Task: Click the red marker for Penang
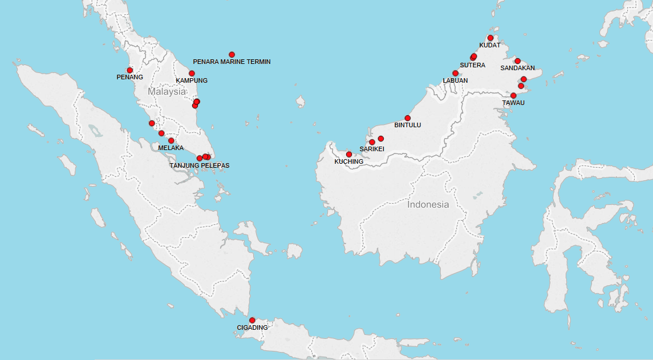pyautogui.click(x=130, y=70)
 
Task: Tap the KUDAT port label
pyautogui.click(x=489, y=45)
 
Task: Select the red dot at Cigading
pyautogui.click(x=252, y=320)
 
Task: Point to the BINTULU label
pyautogui.click(x=408, y=125)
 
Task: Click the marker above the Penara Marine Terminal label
pyautogui.click(x=232, y=54)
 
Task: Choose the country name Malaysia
pyautogui.click(x=167, y=91)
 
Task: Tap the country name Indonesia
pyautogui.click(x=428, y=204)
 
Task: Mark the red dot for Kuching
pyautogui.click(x=349, y=154)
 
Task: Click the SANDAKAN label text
pyautogui.click(x=517, y=68)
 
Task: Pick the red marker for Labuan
pyautogui.click(x=455, y=73)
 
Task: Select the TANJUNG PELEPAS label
pyautogui.click(x=200, y=165)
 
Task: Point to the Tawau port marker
pyautogui.click(x=513, y=95)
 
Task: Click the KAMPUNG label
pyautogui.click(x=192, y=80)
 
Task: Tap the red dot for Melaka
pyautogui.click(x=171, y=140)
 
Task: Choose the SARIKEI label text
pyautogui.click(x=372, y=149)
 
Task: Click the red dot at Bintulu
pyautogui.click(x=408, y=118)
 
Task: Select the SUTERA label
pyautogui.click(x=472, y=65)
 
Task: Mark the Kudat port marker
pyautogui.click(x=490, y=38)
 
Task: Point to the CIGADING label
pyautogui.click(x=252, y=327)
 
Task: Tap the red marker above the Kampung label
pyautogui.click(x=192, y=73)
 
